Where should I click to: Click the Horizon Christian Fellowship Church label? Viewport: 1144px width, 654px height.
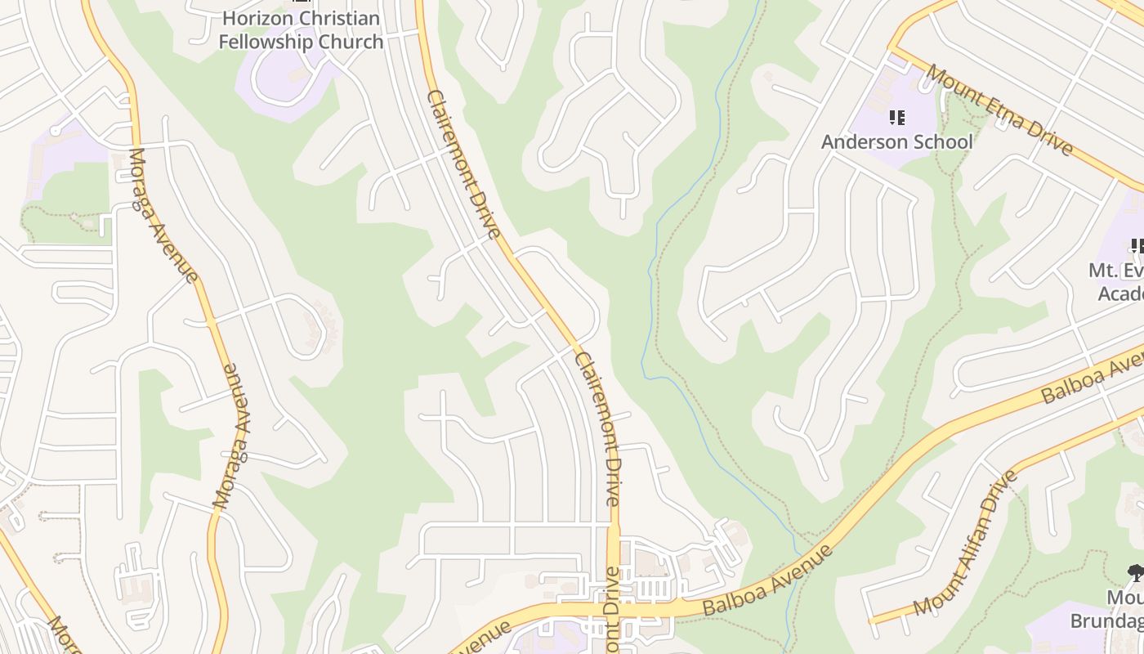point(301,30)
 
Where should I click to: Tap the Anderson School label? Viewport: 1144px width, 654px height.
point(896,141)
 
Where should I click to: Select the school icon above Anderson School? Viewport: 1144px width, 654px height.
point(897,118)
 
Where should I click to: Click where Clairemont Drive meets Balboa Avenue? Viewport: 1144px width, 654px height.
point(614,610)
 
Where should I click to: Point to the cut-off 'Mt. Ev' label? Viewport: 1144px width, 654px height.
point(1115,271)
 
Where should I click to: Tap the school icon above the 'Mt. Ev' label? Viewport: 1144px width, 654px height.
point(1137,245)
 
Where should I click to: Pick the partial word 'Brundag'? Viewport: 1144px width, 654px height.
point(1107,620)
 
